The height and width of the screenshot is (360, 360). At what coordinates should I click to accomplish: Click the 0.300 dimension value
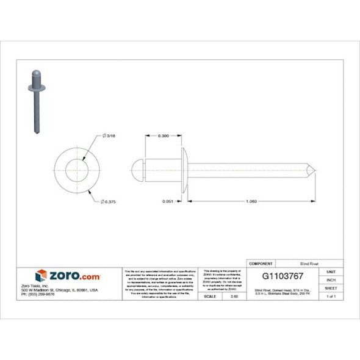[163, 135]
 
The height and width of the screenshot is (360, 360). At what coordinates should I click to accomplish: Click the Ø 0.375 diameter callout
[109, 201]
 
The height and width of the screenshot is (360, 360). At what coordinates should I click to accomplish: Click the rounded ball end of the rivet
[138, 168]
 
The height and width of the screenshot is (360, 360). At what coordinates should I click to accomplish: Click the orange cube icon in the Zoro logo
[41, 276]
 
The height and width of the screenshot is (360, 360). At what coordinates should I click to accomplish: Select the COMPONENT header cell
[262, 264]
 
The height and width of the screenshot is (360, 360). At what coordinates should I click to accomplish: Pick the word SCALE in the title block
[209, 296]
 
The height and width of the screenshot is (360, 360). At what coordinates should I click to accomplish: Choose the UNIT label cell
[331, 272]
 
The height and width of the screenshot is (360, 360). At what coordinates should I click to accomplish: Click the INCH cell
[331, 279]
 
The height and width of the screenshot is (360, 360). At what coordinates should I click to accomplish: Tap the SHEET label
[331, 288]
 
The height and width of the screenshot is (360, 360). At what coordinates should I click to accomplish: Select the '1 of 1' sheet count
[331, 296]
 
